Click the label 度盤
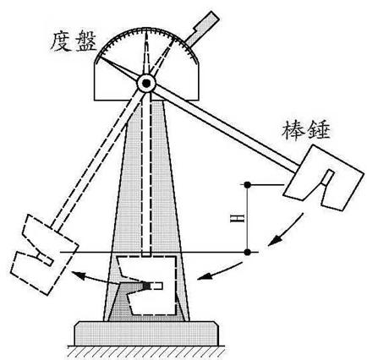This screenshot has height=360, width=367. click(74, 41)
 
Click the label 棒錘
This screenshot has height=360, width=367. click(306, 131)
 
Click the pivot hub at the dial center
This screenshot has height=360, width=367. click(146, 83)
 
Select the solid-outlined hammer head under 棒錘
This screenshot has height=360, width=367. click(321, 177)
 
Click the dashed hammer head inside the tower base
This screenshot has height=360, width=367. click(146, 285)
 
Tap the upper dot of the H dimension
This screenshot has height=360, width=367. click(248, 185)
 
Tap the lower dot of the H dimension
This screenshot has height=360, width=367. click(248, 252)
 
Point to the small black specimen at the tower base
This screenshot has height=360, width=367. click(146, 286)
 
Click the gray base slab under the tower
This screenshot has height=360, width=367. click(146, 334)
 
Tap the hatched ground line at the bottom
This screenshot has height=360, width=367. click(146, 352)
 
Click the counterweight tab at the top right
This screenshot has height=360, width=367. click(202, 28)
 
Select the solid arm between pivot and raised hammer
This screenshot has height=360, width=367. click(226, 128)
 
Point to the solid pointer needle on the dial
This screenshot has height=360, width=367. click(119, 70)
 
